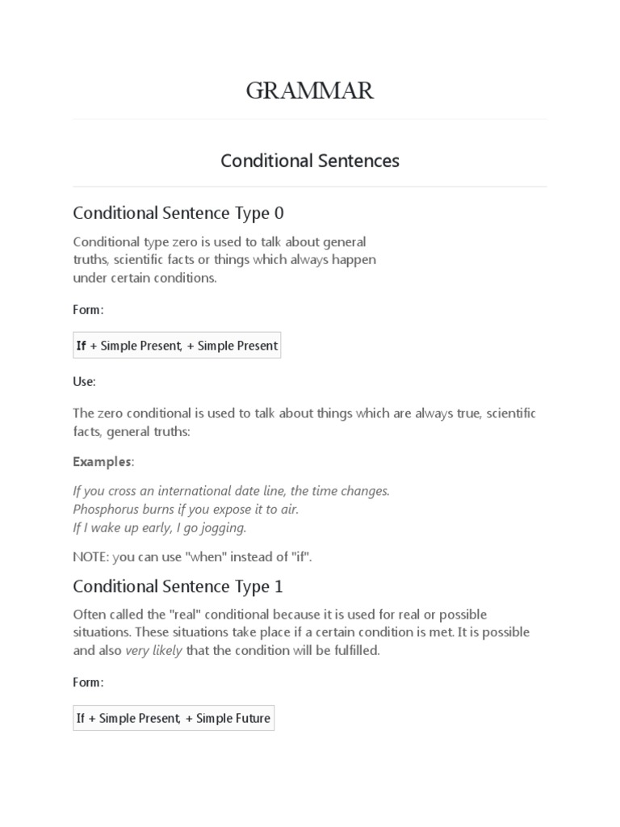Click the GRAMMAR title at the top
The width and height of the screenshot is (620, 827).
(310, 91)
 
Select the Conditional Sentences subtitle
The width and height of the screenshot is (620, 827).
(310, 161)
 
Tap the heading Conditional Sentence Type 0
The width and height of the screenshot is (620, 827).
(178, 213)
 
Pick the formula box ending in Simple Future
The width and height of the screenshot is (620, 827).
(174, 717)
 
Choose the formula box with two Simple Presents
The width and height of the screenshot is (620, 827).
(177, 346)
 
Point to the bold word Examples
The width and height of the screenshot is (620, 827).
(102, 462)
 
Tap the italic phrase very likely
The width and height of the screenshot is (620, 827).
(153, 650)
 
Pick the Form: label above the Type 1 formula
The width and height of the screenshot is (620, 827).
(88, 682)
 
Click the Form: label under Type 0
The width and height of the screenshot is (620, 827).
(88, 310)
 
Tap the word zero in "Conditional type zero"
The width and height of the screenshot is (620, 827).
(179, 241)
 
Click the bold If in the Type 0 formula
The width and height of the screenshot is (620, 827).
(81, 346)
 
